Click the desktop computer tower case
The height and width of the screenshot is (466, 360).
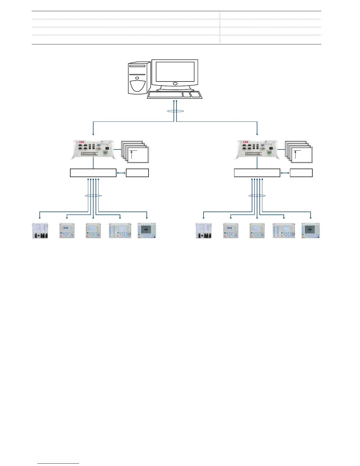pos(137,78)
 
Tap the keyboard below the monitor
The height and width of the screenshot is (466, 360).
pos(174,95)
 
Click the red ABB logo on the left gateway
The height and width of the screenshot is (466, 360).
pos(81,143)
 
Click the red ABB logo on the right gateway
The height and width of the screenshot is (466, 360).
pos(245,143)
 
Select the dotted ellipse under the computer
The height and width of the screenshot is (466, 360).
pos(175,111)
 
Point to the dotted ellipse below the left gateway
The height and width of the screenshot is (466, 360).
pos(93,195)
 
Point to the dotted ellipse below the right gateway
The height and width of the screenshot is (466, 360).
pos(257,195)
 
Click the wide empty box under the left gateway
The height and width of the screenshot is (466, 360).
pos(93,173)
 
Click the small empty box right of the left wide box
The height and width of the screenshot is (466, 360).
pos(137,173)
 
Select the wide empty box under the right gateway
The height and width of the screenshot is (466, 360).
pos(257,173)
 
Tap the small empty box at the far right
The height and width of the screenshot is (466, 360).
pos(301,173)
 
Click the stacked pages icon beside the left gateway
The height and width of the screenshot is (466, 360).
pos(136,152)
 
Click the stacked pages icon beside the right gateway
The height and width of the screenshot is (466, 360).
pos(299,152)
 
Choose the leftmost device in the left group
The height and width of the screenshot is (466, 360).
pos(40,230)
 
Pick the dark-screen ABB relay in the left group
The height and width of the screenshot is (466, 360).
pos(147,230)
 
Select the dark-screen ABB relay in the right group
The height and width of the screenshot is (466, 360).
pos(311,230)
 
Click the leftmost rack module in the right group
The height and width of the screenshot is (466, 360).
pos(204,230)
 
